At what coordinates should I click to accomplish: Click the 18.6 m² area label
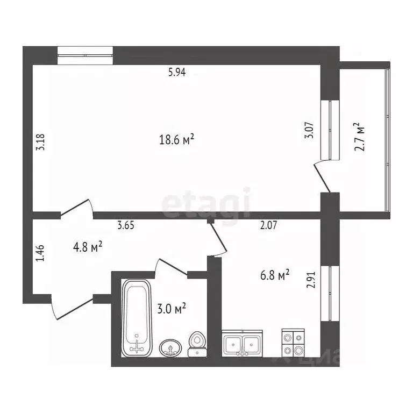tap(176, 140)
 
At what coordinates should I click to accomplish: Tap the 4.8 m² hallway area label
tap(88, 247)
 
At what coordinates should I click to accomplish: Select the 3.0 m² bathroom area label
tap(172, 309)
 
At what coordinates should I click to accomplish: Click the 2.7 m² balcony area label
tap(360, 137)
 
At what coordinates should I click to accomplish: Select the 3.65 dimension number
tap(126, 226)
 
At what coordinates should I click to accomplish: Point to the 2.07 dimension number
tap(269, 226)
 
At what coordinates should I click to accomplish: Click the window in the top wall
tap(85, 56)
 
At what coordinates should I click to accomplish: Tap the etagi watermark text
tap(206, 203)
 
